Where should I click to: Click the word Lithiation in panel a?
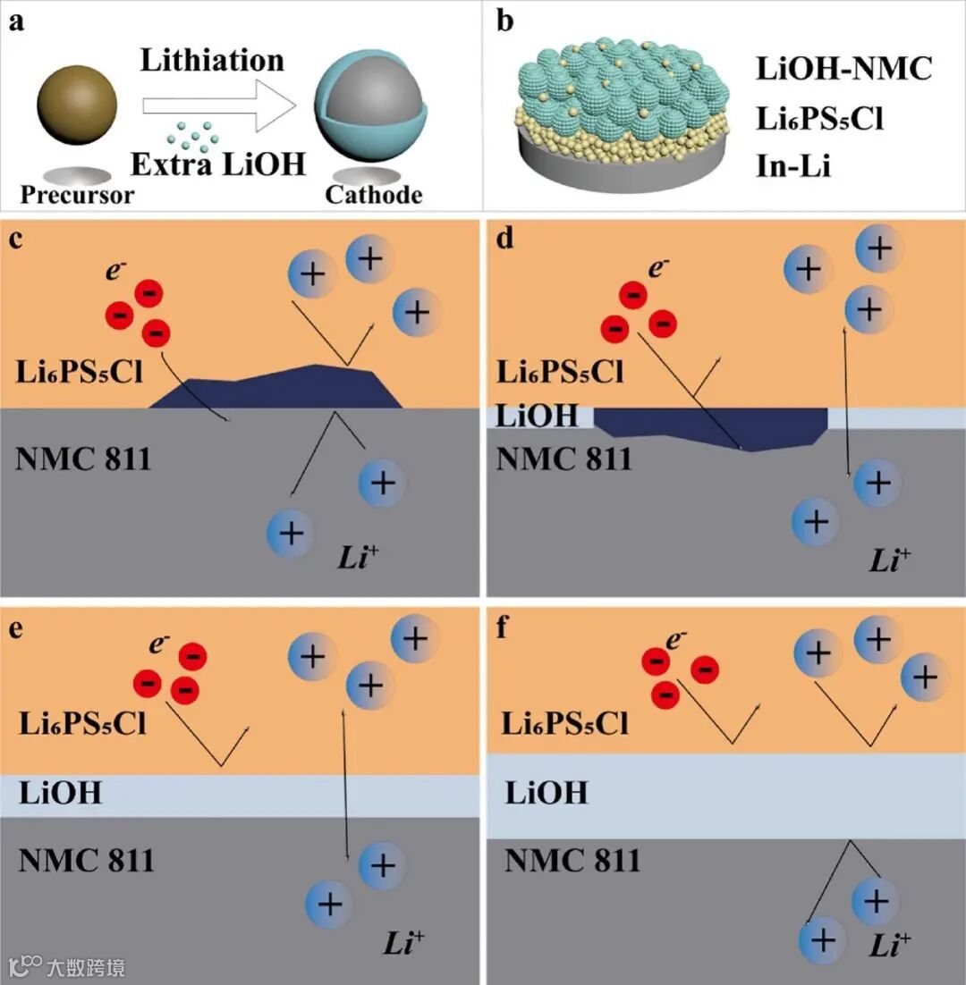tap(212, 61)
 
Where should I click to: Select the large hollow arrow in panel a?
tap(219, 106)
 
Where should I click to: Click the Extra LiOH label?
tap(217, 164)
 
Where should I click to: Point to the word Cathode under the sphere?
tap(373, 194)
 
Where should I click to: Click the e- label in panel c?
tap(115, 270)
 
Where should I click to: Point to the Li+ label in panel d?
tap(890, 560)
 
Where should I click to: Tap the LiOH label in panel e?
tap(60, 792)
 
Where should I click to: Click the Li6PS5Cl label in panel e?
tap(82, 723)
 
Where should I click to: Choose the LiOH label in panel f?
tap(547, 792)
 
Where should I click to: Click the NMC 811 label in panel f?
tap(572, 860)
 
